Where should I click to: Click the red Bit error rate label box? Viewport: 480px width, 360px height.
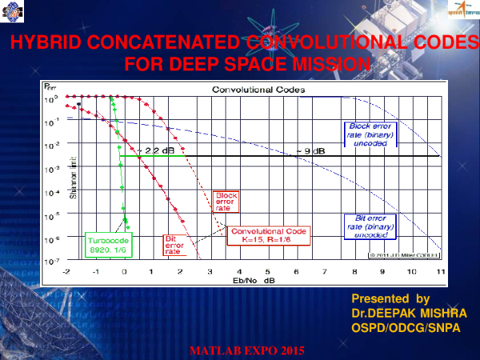click(x=174, y=244)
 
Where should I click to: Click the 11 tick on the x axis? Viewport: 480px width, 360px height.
click(x=440, y=272)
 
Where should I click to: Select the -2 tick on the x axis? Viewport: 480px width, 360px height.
click(x=67, y=272)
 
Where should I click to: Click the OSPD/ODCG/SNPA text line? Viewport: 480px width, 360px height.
click(x=406, y=326)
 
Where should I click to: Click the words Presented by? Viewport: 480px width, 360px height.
click(x=390, y=298)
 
